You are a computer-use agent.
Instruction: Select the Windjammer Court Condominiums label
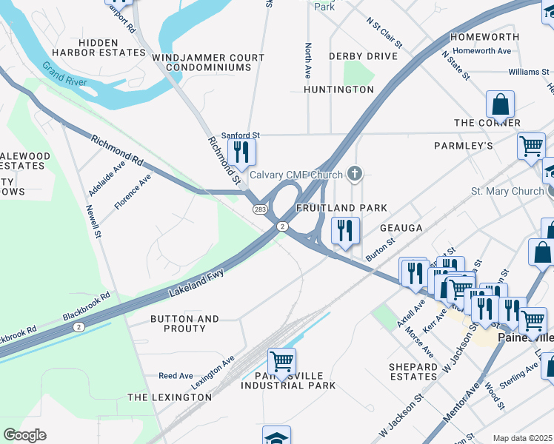click(208, 62)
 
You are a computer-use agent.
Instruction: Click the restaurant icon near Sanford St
click(241, 152)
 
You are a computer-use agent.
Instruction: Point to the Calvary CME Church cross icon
click(355, 175)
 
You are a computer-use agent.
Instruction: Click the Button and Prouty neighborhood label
click(184, 323)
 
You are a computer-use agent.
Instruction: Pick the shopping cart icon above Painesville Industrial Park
click(281, 362)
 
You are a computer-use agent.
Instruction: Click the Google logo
click(24, 435)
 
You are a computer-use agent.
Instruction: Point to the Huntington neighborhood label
click(338, 90)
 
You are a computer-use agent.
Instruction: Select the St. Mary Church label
click(507, 191)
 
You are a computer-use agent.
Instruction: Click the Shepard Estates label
click(413, 371)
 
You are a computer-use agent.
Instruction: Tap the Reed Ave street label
click(176, 376)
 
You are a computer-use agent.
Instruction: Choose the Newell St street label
click(96, 222)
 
